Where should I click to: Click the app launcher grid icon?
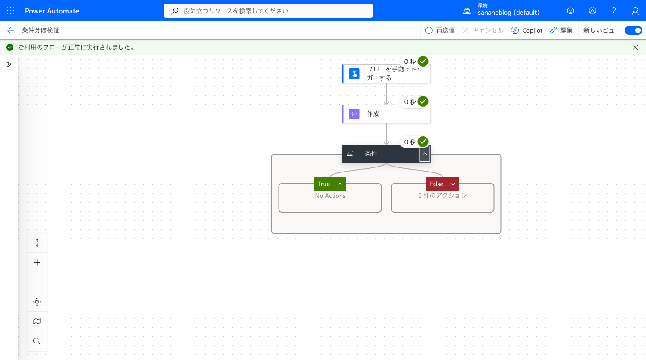point(10,11)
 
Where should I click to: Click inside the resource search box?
point(268,11)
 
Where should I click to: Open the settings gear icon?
point(592,11)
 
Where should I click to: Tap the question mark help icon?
point(614,11)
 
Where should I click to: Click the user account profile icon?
point(635,11)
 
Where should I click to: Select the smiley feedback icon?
point(571,11)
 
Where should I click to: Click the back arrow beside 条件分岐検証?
point(10,30)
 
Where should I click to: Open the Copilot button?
point(527,30)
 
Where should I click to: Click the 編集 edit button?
point(561,30)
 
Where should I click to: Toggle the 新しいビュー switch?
point(633,30)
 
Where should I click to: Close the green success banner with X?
point(635,47)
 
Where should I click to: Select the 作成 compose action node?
point(386,113)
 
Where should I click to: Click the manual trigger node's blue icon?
point(354,74)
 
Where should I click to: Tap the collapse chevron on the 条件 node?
point(425,154)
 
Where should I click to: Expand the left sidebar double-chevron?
point(8,64)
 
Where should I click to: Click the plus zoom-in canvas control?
point(37,263)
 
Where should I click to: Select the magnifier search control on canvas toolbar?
point(37,341)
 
